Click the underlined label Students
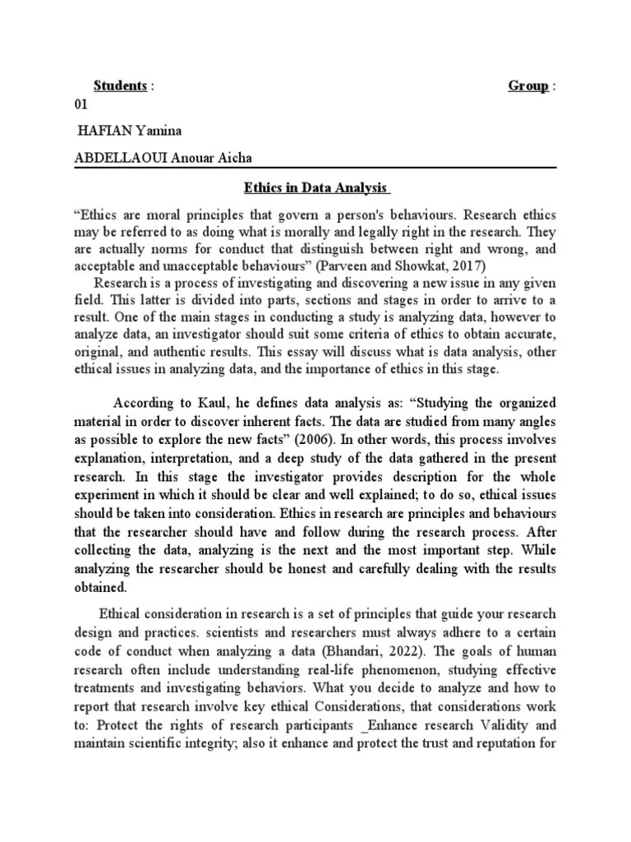(x=120, y=86)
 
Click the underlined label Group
(x=528, y=86)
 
